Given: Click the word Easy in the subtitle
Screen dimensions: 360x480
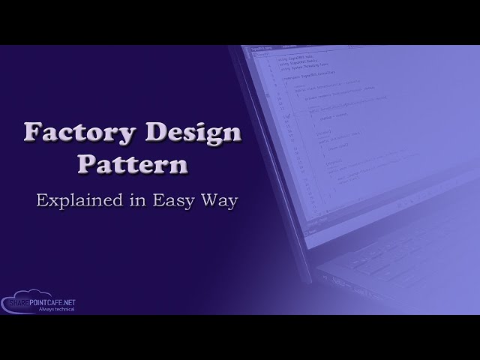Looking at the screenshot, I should click(x=174, y=200).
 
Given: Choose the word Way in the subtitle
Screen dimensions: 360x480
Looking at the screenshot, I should click(x=220, y=200).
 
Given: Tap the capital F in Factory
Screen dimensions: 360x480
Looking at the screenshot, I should click(x=32, y=133).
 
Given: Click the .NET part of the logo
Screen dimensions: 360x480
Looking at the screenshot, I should click(x=68, y=302).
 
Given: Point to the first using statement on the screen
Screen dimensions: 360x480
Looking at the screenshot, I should click(x=293, y=58).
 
